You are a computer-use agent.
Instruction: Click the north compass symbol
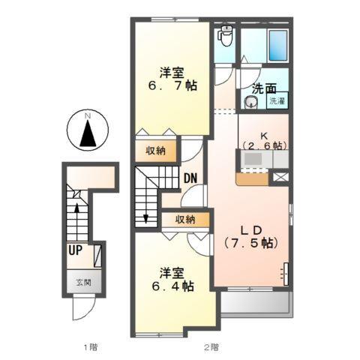88,133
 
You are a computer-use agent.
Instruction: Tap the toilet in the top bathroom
226,36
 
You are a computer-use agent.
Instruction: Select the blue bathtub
278,46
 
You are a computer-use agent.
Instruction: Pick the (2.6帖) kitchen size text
262,145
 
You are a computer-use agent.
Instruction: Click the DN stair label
190,180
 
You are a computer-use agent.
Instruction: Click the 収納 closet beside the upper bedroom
157,150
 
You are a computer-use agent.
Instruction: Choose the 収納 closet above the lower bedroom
185,220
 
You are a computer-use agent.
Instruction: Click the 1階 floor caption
90,346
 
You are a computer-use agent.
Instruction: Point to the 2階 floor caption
211,346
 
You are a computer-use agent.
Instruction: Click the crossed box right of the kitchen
280,178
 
